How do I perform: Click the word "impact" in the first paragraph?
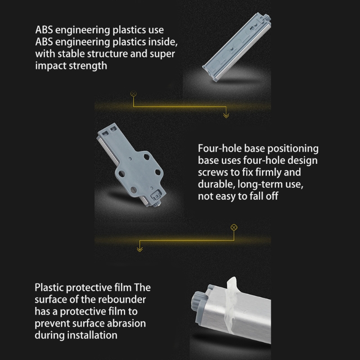tap(50, 66)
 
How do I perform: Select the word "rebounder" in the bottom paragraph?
tap(122, 299)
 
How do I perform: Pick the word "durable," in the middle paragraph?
tap(216, 184)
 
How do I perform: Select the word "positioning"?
tap(293, 149)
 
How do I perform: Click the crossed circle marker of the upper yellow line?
tap(133, 94)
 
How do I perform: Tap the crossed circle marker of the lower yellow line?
tap(234, 227)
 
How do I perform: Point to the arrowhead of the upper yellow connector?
tap(226, 115)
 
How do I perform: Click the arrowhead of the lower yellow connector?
tap(139, 249)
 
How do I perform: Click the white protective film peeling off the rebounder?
tap(232, 303)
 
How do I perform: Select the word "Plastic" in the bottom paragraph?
tap(49, 288)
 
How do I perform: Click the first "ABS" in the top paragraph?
tap(44, 30)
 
